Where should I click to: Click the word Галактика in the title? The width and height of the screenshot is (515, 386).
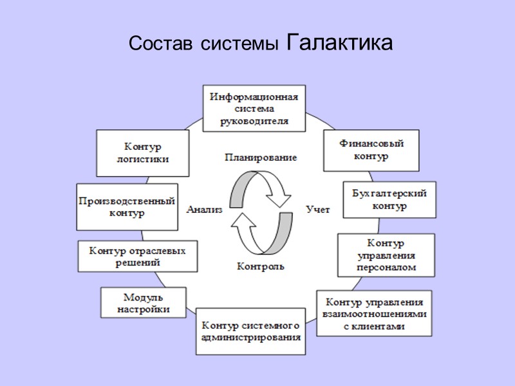point(338,43)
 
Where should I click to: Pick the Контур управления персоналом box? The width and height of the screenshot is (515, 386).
point(386,255)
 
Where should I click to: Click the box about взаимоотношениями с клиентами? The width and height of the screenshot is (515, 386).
point(374,313)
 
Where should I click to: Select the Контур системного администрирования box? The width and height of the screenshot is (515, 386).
point(250,331)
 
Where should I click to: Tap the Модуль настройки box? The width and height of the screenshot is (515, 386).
point(144,303)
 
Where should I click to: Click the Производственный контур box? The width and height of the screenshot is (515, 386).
point(127,207)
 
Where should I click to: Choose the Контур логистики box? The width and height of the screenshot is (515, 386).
point(143,153)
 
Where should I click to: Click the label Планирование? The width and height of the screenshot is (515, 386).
point(260,157)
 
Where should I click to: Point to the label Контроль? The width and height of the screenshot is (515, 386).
point(260,266)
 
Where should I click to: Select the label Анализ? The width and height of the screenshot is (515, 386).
point(204,209)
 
